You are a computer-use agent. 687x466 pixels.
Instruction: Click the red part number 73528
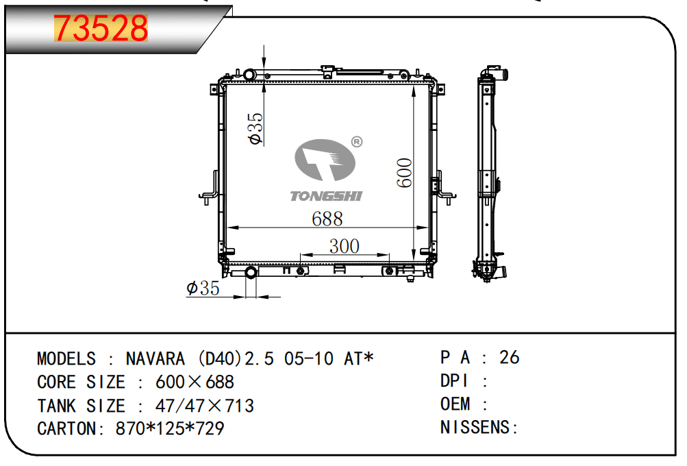[101, 28]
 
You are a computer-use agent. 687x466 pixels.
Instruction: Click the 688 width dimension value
[327, 219]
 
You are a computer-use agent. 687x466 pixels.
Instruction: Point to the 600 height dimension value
[404, 173]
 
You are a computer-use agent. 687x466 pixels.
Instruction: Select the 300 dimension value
[345, 246]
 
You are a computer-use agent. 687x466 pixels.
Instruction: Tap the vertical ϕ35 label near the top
[255, 128]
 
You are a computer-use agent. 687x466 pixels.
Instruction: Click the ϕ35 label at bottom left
[203, 288]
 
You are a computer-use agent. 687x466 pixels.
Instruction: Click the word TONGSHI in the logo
[327, 196]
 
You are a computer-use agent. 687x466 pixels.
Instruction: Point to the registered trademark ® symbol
[357, 142]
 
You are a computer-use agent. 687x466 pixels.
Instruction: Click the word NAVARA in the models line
[155, 358]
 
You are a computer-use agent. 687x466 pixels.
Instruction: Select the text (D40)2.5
[236, 358]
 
